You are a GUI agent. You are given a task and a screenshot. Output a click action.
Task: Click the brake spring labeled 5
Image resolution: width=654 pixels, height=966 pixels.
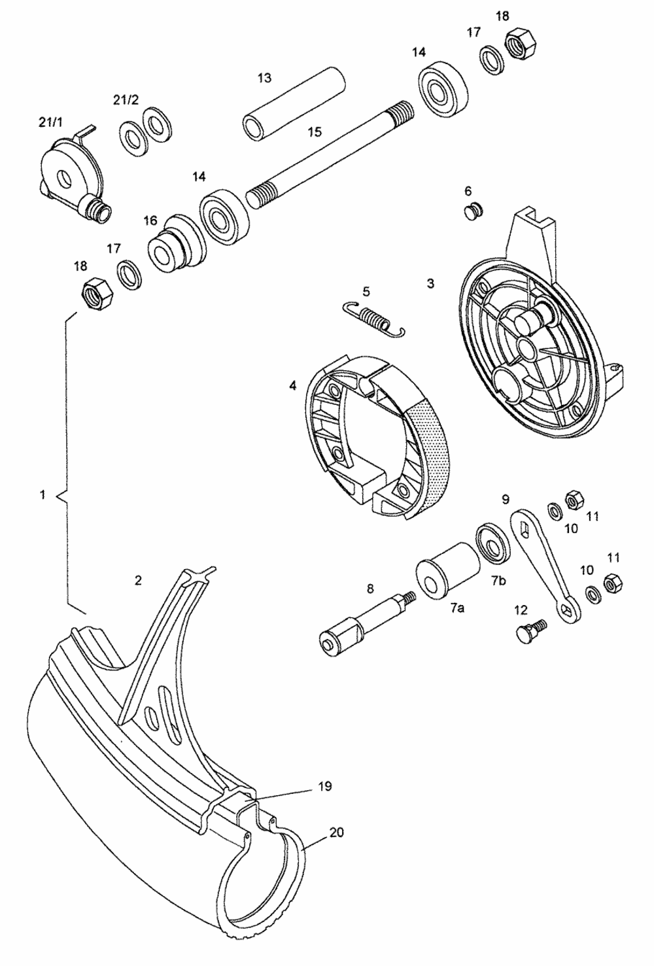tap(374, 319)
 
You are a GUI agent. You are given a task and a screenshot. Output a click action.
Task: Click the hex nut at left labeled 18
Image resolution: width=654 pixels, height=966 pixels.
tap(97, 293)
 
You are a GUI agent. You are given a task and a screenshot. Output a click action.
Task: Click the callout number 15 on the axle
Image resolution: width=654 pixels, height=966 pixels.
tap(315, 132)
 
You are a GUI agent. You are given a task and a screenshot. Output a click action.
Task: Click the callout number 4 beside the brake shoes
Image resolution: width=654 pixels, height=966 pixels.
tap(293, 385)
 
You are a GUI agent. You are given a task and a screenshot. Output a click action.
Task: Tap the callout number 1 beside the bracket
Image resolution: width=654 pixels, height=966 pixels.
tap(43, 495)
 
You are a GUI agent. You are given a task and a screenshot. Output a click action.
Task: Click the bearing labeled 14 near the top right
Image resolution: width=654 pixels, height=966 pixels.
tap(443, 92)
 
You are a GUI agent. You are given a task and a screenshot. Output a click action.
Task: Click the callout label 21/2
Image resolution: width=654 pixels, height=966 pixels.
tap(126, 100)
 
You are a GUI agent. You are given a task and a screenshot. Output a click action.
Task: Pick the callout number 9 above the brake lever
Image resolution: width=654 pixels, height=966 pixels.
tap(506, 500)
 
